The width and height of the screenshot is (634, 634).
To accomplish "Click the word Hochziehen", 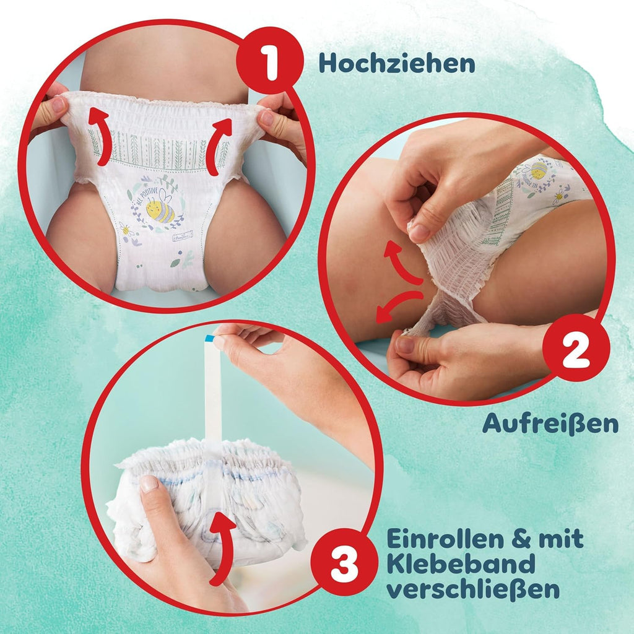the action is [x=397, y=64].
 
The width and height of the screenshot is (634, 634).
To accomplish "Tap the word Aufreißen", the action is [x=550, y=423].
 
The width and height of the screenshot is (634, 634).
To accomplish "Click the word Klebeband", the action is [x=461, y=563].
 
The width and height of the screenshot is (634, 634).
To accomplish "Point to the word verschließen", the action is [x=473, y=589].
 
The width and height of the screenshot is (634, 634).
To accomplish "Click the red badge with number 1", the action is [x=270, y=61].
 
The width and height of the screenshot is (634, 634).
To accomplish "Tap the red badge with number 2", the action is [x=576, y=348].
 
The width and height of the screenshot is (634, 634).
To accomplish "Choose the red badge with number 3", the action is [x=344, y=562].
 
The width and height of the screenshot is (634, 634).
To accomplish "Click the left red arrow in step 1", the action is [x=100, y=136].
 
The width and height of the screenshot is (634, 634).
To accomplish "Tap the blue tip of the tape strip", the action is [x=210, y=338].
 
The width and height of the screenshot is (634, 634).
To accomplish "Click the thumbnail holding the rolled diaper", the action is [x=149, y=484].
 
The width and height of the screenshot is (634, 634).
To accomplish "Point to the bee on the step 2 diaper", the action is [x=538, y=170].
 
